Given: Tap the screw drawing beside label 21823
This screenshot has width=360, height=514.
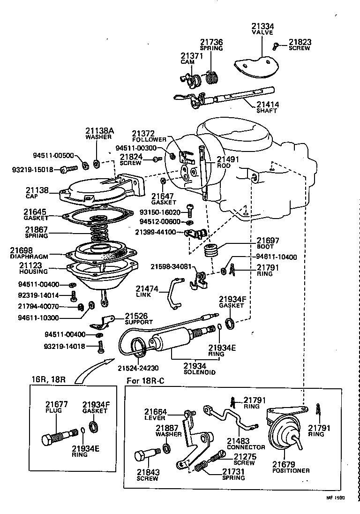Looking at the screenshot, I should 277,45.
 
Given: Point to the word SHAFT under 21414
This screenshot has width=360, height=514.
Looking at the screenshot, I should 266,111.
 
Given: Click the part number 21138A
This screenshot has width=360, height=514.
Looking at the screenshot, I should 99,131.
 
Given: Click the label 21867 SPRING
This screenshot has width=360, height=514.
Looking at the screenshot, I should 36,232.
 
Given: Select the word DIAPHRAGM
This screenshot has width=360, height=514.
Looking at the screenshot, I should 29,257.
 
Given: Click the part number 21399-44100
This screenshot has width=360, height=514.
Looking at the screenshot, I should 155,232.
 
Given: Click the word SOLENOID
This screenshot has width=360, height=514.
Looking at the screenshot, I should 199,372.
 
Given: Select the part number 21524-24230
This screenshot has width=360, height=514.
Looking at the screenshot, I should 138,368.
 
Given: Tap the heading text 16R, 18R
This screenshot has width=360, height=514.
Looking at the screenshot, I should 48,379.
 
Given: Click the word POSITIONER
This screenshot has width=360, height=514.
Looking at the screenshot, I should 291,470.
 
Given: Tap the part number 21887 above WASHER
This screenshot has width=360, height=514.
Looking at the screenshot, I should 166,427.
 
